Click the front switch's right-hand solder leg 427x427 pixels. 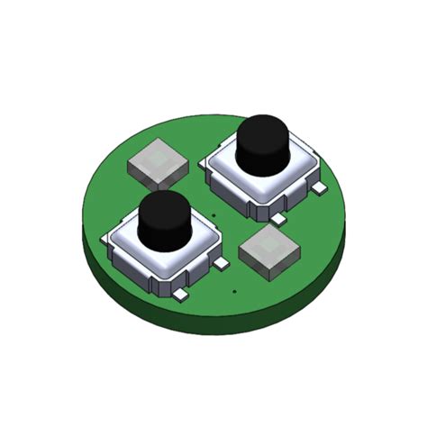[221, 264]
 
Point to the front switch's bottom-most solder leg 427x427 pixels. [180, 295]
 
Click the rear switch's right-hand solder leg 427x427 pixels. [319, 188]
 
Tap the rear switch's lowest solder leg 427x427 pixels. [278, 219]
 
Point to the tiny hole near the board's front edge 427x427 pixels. [233, 291]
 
